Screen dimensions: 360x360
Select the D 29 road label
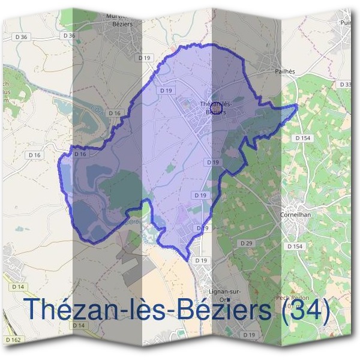point(245,243)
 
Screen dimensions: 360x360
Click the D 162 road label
point(13,340)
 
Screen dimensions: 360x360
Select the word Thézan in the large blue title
point(66,310)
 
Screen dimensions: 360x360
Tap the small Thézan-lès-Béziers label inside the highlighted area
point(214,108)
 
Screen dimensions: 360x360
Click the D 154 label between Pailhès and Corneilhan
point(303,137)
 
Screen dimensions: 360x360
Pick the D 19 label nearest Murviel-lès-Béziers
point(143,58)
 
